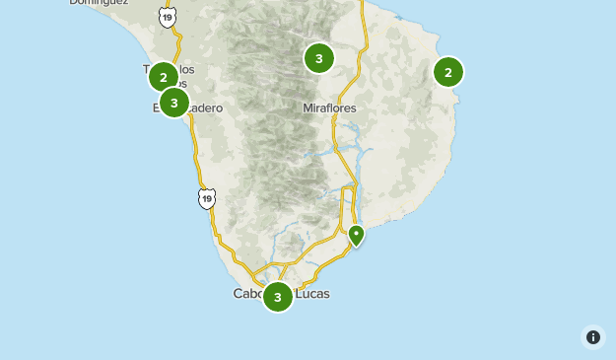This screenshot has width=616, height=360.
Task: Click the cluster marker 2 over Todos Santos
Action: (x=164, y=76)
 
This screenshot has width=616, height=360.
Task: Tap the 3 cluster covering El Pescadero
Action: (x=174, y=102)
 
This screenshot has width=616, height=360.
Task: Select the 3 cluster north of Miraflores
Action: (x=318, y=58)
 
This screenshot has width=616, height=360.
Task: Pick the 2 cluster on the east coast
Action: (x=448, y=71)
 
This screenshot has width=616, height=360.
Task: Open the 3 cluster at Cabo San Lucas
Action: (x=278, y=296)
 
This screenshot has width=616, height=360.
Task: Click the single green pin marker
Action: (x=356, y=235)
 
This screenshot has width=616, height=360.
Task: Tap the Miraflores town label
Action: (x=329, y=108)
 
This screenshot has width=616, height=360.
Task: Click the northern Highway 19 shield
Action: (x=167, y=17)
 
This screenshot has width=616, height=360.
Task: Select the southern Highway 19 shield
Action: (x=205, y=199)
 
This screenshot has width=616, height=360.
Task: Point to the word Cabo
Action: (x=247, y=294)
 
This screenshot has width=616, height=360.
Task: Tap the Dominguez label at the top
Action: (x=98, y=3)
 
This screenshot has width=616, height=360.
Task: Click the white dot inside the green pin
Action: (x=356, y=233)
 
